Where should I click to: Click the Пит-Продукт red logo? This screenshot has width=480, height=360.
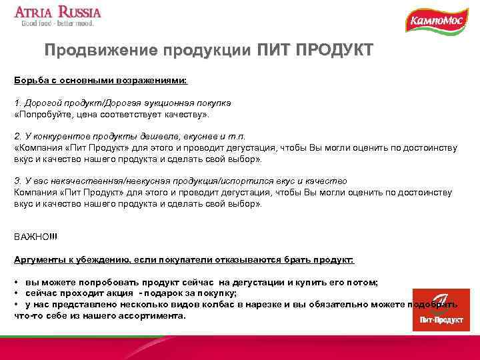tap(436, 309)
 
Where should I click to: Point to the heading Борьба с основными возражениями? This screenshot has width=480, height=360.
tap(101, 80)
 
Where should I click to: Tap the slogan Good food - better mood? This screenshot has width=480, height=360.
tap(58, 24)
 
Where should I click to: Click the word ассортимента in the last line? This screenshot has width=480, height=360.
tap(153, 315)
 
